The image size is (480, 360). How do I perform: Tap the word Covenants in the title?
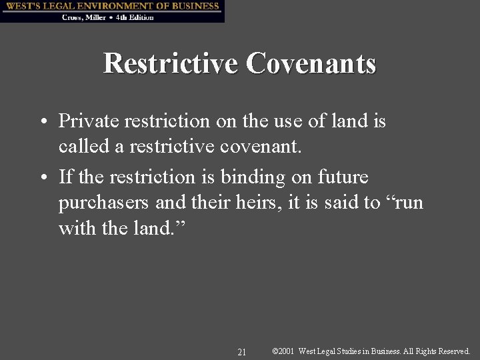[311, 64]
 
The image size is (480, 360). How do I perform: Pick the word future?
[346, 177]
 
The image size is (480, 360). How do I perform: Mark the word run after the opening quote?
[407, 203]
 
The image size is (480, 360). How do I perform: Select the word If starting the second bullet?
[66, 177]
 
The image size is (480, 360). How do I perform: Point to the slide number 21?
[241, 351]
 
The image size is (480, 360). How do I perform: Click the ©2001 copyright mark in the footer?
[284, 351]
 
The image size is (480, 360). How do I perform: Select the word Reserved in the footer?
[452, 351]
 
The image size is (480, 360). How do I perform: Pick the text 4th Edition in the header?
[135, 17]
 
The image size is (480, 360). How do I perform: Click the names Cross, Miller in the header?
[83, 17]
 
